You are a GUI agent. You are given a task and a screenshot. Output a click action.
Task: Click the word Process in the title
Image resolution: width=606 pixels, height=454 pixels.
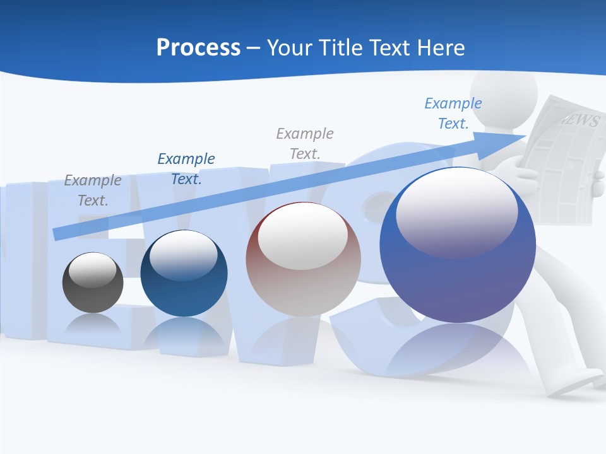(198, 48)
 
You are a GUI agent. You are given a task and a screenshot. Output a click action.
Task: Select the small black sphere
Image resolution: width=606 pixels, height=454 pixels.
(93, 283)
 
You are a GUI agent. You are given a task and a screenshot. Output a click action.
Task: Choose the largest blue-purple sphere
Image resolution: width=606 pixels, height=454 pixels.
(458, 246)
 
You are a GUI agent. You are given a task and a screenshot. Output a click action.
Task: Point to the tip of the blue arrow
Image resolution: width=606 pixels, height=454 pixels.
(524, 136)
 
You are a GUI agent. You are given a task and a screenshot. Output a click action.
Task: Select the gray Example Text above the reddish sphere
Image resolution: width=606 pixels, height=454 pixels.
(305, 143)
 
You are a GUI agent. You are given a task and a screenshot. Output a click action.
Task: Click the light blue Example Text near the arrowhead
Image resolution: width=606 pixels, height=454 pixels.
(453, 113)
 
